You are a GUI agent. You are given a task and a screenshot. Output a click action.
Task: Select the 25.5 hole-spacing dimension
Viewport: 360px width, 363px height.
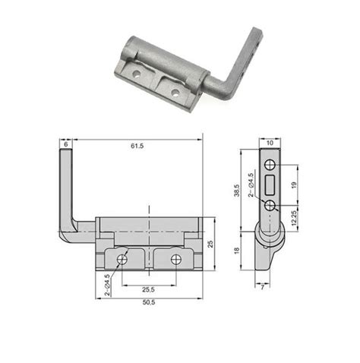[148, 289]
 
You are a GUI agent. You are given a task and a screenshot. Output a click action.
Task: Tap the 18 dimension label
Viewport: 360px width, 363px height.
[236, 251]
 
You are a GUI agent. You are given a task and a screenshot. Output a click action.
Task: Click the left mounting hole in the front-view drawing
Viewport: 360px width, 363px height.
[121, 260]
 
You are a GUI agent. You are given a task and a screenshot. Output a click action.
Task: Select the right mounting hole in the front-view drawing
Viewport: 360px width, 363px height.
[176, 260]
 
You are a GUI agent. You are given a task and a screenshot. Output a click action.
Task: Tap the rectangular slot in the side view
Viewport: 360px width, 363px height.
[271, 185]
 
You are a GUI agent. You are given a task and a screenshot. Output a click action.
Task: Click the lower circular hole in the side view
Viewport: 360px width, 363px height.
[271, 205]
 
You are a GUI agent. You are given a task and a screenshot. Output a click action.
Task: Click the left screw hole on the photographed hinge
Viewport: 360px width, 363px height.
[137, 75]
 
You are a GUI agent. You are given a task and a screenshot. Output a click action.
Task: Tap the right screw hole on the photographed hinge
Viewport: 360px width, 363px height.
[175, 93]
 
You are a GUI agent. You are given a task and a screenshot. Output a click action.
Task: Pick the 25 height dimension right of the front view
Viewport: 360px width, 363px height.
[210, 245]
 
